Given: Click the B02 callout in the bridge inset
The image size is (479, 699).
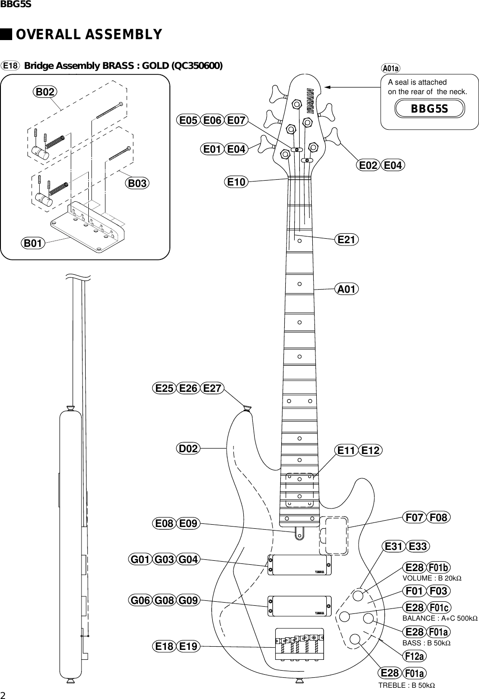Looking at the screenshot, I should (x=45, y=92).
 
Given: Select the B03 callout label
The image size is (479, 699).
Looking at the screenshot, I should (x=137, y=183).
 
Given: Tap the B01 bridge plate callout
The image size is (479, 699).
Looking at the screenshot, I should (x=33, y=243).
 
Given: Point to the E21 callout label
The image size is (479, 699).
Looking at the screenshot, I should (x=347, y=240).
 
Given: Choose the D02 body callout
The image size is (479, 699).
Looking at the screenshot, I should (x=187, y=449).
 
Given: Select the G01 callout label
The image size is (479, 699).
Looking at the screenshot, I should (x=140, y=560).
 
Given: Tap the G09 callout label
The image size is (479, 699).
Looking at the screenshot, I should (x=188, y=600).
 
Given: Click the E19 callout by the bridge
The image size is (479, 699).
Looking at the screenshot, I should (x=188, y=647).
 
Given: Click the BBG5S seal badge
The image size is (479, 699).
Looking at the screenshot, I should (x=429, y=109).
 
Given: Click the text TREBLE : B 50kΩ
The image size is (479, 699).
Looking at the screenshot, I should (x=406, y=685).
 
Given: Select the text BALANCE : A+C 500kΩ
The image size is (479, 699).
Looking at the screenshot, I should (x=439, y=618).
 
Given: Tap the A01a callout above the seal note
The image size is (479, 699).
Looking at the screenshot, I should (x=390, y=68).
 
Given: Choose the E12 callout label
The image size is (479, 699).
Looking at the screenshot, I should (x=371, y=450).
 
